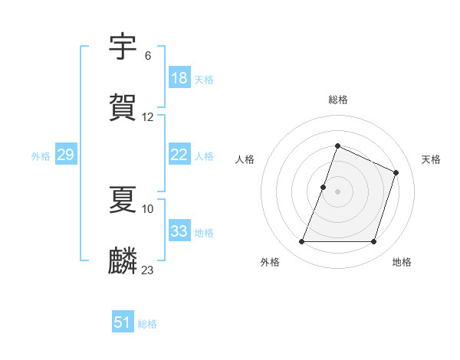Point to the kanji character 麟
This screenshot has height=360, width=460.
click(x=123, y=260)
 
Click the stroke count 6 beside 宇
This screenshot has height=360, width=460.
click(x=148, y=56)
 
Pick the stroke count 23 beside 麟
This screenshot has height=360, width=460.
click(x=148, y=270)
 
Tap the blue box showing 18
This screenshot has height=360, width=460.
click(x=179, y=78)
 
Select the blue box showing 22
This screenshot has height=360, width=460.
click(x=179, y=155)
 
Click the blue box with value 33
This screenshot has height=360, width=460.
click(x=179, y=231)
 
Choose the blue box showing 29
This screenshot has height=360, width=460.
click(x=65, y=155)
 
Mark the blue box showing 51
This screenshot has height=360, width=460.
click(x=123, y=322)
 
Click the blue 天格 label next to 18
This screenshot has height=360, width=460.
click(x=204, y=80)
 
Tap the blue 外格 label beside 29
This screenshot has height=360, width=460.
click(x=41, y=156)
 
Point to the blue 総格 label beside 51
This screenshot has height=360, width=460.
click(x=147, y=324)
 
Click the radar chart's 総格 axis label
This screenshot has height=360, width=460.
click(x=337, y=100)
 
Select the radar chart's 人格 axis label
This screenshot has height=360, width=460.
click(x=245, y=159)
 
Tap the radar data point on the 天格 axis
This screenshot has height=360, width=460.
click(x=396, y=172)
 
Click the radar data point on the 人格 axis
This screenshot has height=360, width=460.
click(x=324, y=187)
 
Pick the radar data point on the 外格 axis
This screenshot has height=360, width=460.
click(x=301, y=242)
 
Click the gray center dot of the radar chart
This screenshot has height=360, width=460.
click(x=337, y=191)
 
